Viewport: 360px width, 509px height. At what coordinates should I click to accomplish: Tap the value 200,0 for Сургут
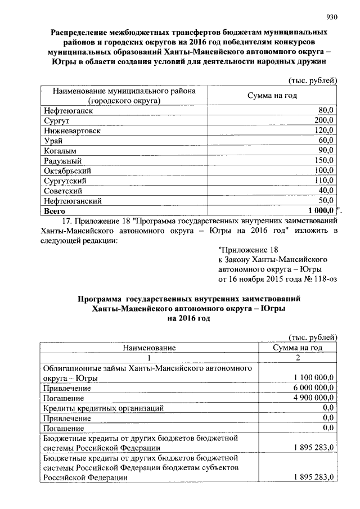324,120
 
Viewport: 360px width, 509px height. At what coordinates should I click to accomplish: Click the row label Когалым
60,150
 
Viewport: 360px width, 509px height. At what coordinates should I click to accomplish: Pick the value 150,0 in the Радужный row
324,160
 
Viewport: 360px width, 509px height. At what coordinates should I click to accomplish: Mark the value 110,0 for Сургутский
324,181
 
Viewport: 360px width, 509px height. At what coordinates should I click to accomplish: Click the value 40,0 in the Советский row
326,191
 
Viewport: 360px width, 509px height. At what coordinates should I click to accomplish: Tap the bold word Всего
55,211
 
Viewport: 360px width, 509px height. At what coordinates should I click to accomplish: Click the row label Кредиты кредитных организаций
103,408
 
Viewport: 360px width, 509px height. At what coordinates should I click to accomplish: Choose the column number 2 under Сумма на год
297,358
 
